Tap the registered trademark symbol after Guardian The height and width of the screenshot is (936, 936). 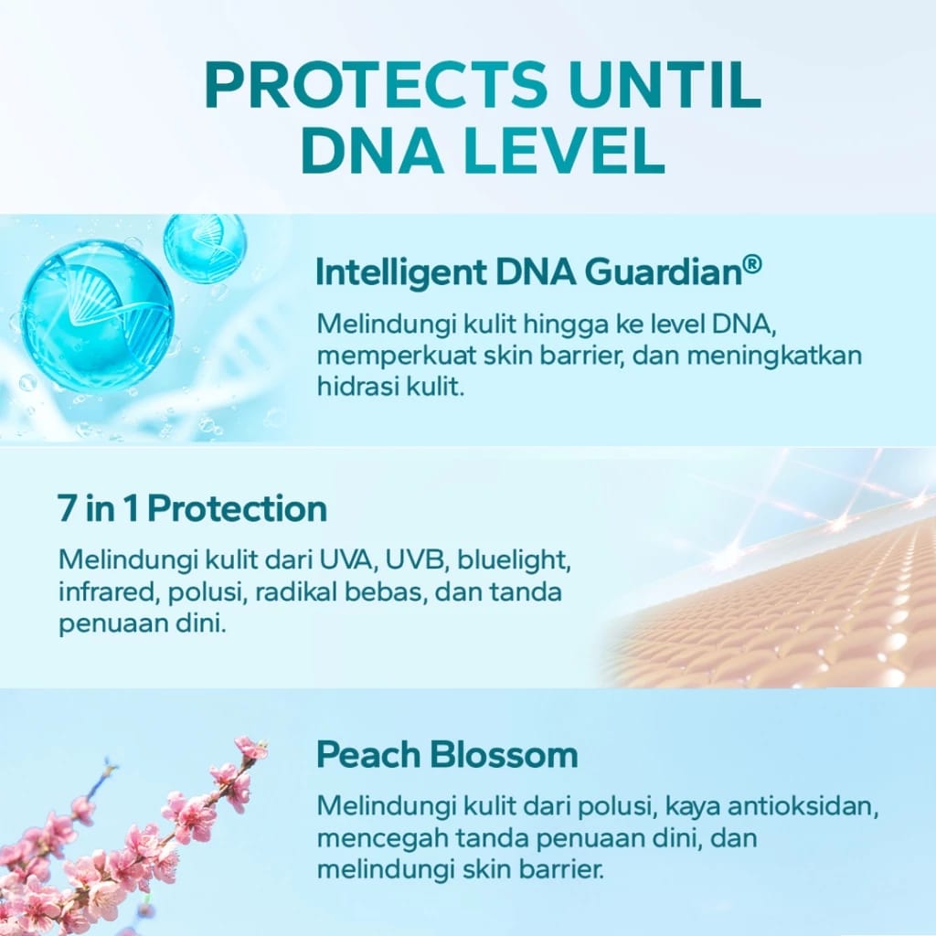pos(751,264)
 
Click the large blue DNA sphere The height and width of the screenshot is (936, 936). pos(96,315)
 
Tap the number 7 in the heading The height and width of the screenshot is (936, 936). pos(67,509)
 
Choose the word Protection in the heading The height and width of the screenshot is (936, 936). pos(237,509)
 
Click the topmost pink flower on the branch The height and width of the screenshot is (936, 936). pos(250,749)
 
